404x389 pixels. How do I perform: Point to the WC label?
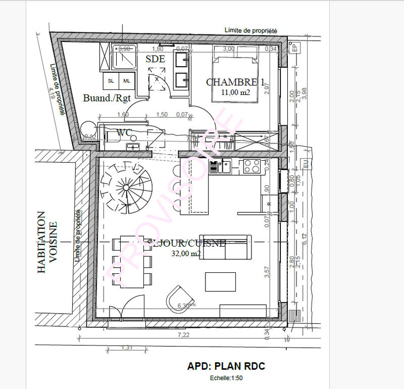click(124, 133)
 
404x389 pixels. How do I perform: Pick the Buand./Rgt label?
click(103, 99)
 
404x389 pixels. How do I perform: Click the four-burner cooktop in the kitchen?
click(251, 166)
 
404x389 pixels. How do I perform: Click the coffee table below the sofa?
click(220, 281)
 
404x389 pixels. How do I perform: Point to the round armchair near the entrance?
click(180, 298)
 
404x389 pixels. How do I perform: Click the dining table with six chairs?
click(132, 261)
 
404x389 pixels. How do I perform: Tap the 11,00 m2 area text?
click(235, 92)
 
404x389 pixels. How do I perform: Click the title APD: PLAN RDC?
click(226, 366)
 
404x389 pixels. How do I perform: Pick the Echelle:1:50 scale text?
click(226, 377)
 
